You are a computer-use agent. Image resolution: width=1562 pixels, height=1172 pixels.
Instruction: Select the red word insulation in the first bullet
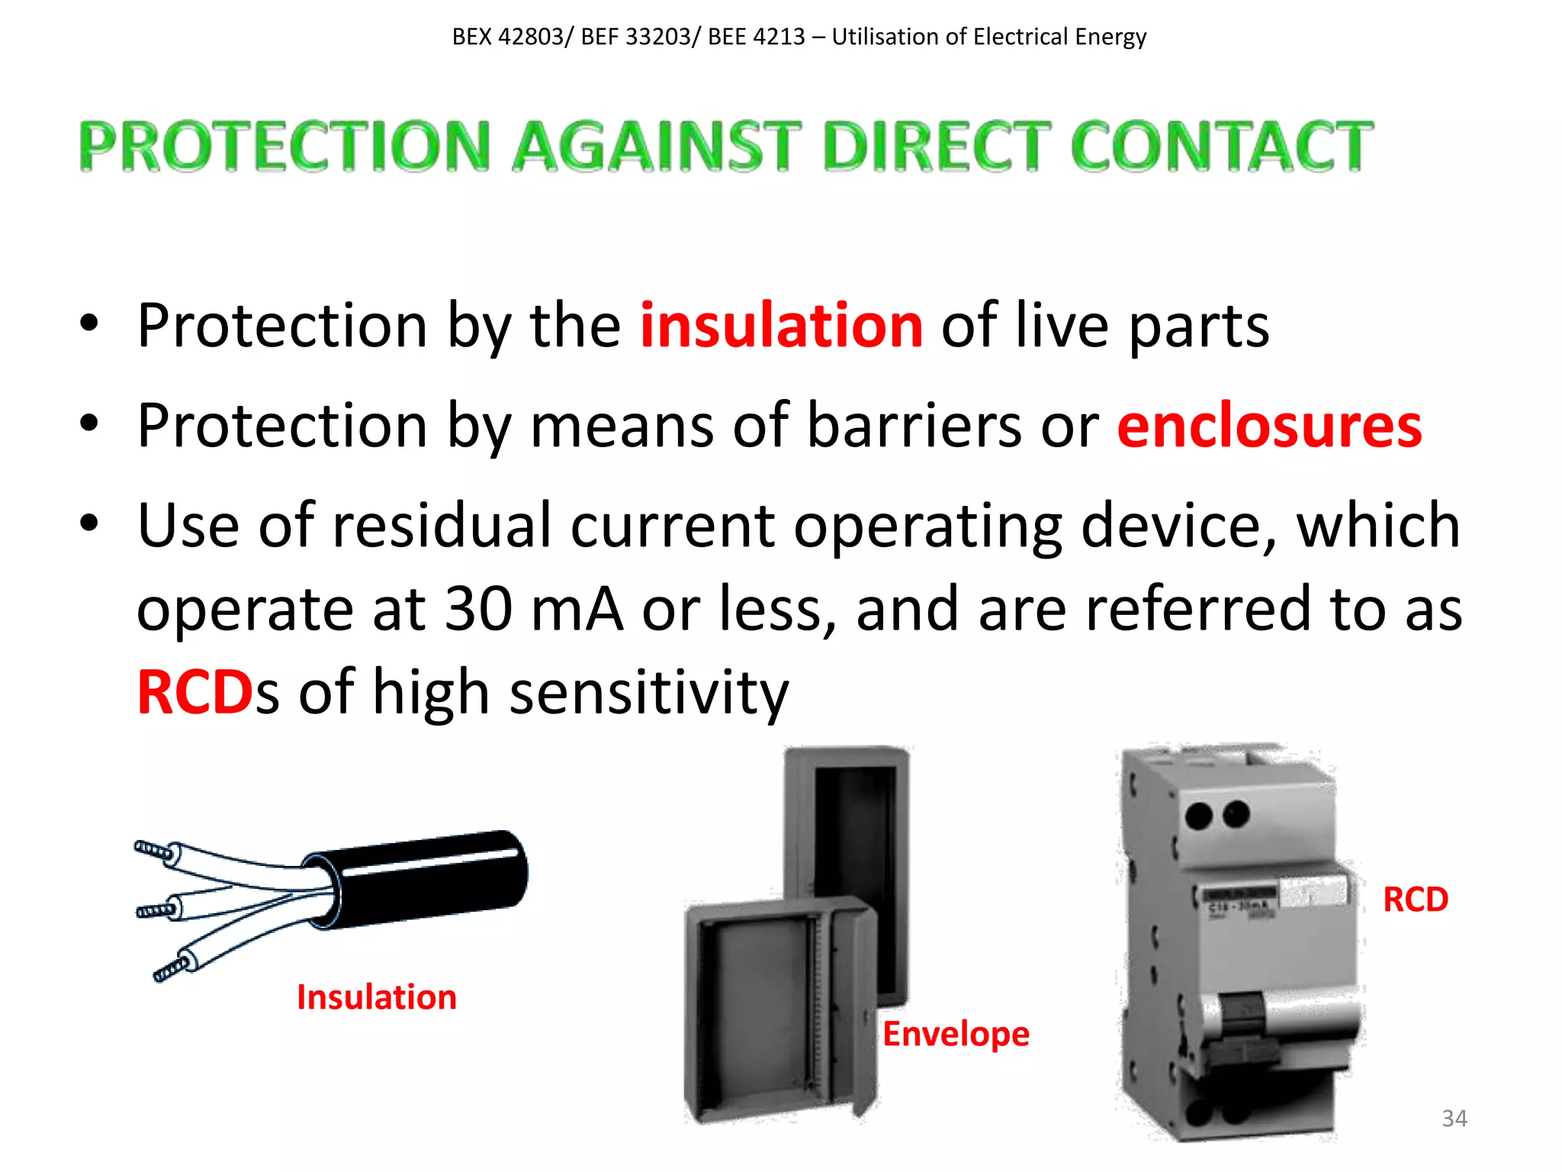tap(781, 326)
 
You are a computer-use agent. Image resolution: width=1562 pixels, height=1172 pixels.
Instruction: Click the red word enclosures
tap(1269, 426)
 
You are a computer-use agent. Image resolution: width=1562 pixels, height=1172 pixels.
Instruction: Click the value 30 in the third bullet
tap(478, 609)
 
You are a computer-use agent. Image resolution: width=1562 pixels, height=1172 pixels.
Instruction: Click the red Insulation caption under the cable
tap(376, 997)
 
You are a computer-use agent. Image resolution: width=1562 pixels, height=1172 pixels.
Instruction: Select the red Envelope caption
tap(956, 1034)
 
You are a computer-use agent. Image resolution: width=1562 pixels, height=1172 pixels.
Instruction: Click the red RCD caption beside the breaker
tap(1415, 900)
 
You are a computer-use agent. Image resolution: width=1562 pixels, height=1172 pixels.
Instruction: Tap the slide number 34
tap(1454, 1119)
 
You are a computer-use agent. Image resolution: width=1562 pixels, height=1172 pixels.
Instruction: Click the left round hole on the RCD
tap(1199, 816)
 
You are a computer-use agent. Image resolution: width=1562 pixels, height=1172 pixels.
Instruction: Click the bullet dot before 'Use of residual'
tap(89, 524)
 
